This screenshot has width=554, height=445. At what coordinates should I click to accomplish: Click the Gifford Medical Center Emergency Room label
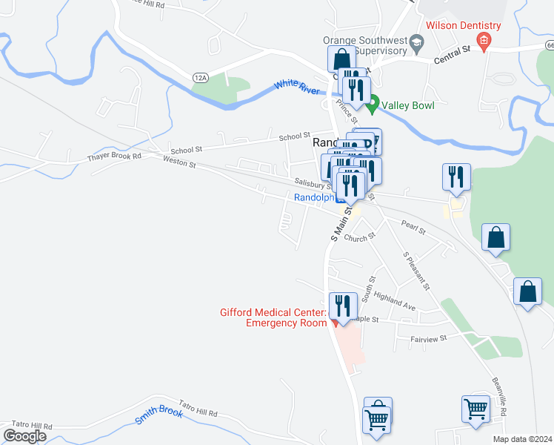click(273, 317)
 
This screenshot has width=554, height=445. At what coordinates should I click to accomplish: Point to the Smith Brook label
click(159, 415)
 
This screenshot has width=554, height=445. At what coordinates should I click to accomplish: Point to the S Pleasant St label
click(416, 271)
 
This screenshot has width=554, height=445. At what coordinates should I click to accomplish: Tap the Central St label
click(453, 53)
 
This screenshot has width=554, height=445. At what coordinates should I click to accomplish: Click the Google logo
click(24, 436)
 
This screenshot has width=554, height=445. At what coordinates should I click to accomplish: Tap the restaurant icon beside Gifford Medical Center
click(344, 304)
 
